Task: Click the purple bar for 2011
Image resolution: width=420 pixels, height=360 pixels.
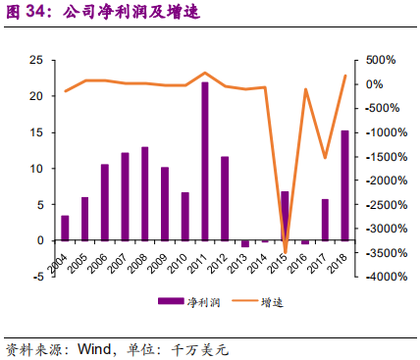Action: (205, 162)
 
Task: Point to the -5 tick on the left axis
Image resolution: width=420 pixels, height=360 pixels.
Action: (37, 277)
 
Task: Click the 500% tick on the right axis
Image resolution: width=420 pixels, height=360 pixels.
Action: (382, 61)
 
